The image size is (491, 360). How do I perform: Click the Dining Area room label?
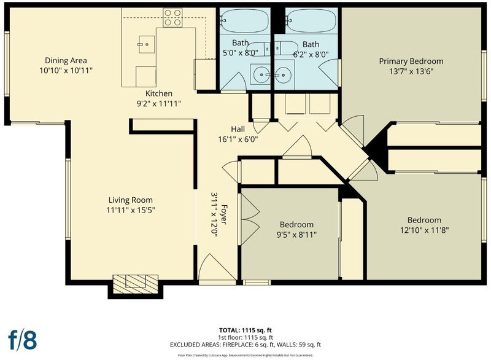tap(66, 60)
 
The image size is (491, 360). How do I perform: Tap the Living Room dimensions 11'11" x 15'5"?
tap(131, 210)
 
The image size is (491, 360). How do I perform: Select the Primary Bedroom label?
tap(411, 61)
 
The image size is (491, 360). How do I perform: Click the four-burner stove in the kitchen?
tap(172, 18)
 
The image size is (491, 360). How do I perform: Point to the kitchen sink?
tap(147, 44)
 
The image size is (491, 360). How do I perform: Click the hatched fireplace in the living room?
tap(135, 284)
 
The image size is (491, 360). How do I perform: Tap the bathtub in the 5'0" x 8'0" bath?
tap(244, 20)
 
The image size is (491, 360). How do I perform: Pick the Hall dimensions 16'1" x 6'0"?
tap(238, 139)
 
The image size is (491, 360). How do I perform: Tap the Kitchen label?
tap(159, 93)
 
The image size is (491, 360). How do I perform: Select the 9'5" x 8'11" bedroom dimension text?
tap(296, 235)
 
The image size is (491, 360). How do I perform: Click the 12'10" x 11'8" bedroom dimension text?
tap(424, 230)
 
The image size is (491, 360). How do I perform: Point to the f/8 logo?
tap(22, 340)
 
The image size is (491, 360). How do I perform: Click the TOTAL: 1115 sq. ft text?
tap(245, 331)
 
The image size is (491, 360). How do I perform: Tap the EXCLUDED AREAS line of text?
tap(245, 345)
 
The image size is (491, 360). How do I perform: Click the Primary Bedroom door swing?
tap(352, 130)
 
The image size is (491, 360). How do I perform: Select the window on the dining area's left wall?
tap(7, 63)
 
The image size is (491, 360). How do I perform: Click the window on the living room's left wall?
tap(68, 199)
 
